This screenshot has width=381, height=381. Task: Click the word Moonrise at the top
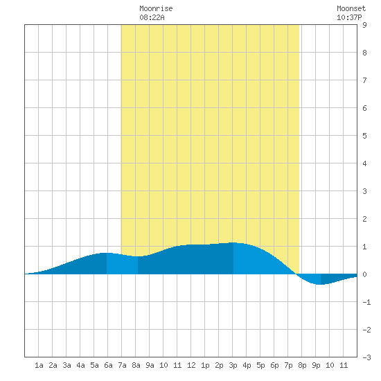(156, 8)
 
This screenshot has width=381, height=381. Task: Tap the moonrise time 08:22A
(152, 17)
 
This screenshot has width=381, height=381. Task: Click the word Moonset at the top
(351, 8)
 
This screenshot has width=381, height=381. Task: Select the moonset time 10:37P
(349, 17)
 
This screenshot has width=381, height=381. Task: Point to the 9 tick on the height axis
(364, 25)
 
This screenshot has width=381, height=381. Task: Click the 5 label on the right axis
(364, 136)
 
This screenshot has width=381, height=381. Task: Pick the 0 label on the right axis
(364, 274)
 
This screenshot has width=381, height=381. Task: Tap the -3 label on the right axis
(366, 357)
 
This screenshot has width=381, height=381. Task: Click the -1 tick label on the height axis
(366, 302)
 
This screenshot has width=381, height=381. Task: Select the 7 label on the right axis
(364, 80)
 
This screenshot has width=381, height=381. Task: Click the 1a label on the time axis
(39, 365)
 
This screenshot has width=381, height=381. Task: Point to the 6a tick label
(108, 365)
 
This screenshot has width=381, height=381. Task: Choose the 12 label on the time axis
(191, 365)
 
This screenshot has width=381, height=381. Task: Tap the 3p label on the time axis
(233, 365)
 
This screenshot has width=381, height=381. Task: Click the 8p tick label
(302, 365)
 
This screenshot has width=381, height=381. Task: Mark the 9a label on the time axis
(150, 365)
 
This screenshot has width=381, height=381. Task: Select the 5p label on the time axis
(260, 365)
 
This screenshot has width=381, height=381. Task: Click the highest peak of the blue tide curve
(233, 242)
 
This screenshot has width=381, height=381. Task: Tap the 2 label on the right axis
(364, 219)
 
